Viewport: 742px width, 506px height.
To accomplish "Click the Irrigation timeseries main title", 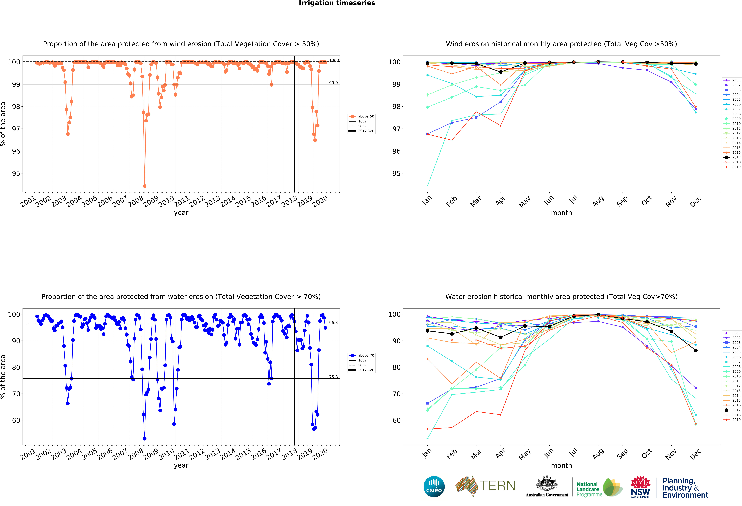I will pos(337,3).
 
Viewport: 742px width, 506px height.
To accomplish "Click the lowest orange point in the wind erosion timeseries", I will pos(145,186).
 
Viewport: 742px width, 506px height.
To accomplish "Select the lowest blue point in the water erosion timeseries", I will pos(145,439).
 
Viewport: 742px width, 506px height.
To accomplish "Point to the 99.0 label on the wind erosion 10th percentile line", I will pos(333,83).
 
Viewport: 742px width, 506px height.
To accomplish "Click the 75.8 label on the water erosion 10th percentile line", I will pos(333,377).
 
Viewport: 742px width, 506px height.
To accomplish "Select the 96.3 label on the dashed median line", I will pos(333,323).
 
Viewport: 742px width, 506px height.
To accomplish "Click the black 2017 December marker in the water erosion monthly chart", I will pos(696,350).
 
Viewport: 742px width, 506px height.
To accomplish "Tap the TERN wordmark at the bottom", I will pos(497,486).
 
